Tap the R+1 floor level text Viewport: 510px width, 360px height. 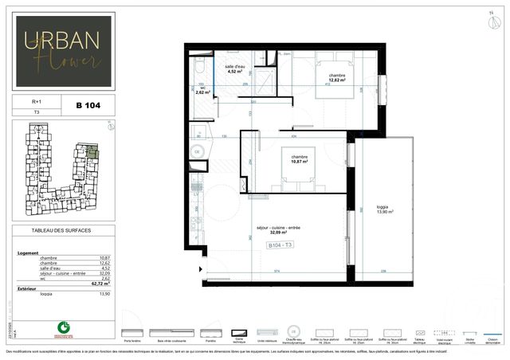click(36, 102)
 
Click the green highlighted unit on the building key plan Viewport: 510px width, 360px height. click(93, 151)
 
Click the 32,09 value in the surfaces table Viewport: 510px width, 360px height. click(103, 273)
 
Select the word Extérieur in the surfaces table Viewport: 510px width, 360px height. click(29, 288)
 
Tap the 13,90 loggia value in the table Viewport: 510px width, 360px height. click(103, 294)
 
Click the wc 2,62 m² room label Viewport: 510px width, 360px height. click(202, 90)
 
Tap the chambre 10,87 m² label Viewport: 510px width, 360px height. click(300, 159)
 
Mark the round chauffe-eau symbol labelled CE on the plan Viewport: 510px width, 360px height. click(197, 151)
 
